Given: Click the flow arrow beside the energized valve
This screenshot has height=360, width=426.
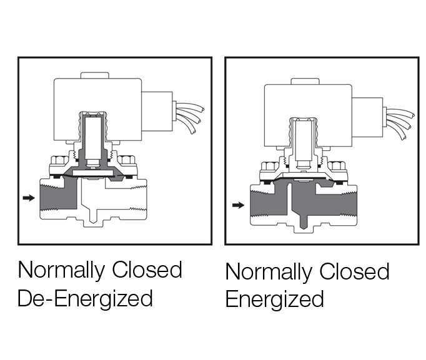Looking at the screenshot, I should pyautogui.click(x=237, y=204).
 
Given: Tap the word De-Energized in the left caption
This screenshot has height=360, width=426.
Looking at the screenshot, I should pyautogui.click(x=86, y=298).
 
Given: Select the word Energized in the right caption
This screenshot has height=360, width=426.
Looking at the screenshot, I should pyautogui.click(x=275, y=299).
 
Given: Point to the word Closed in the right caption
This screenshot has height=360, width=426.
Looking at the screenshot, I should pyautogui.click(x=354, y=272).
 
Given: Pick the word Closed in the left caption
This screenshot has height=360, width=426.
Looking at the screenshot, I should pyautogui.click(x=147, y=270).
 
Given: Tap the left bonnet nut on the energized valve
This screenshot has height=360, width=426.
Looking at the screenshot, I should pyautogui.click(x=267, y=167).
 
